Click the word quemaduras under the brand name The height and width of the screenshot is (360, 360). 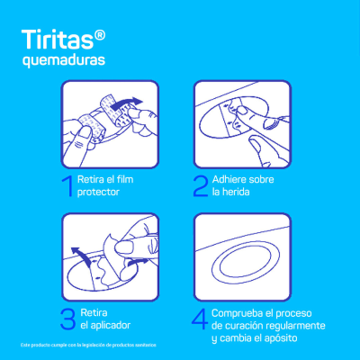[63, 61]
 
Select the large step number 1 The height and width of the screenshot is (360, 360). [66, 185]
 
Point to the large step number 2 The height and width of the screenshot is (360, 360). [200, 185]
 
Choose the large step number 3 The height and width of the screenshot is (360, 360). [67, 318]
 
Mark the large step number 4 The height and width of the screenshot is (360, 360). [200, 318]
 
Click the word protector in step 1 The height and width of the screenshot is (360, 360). [100, 193]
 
